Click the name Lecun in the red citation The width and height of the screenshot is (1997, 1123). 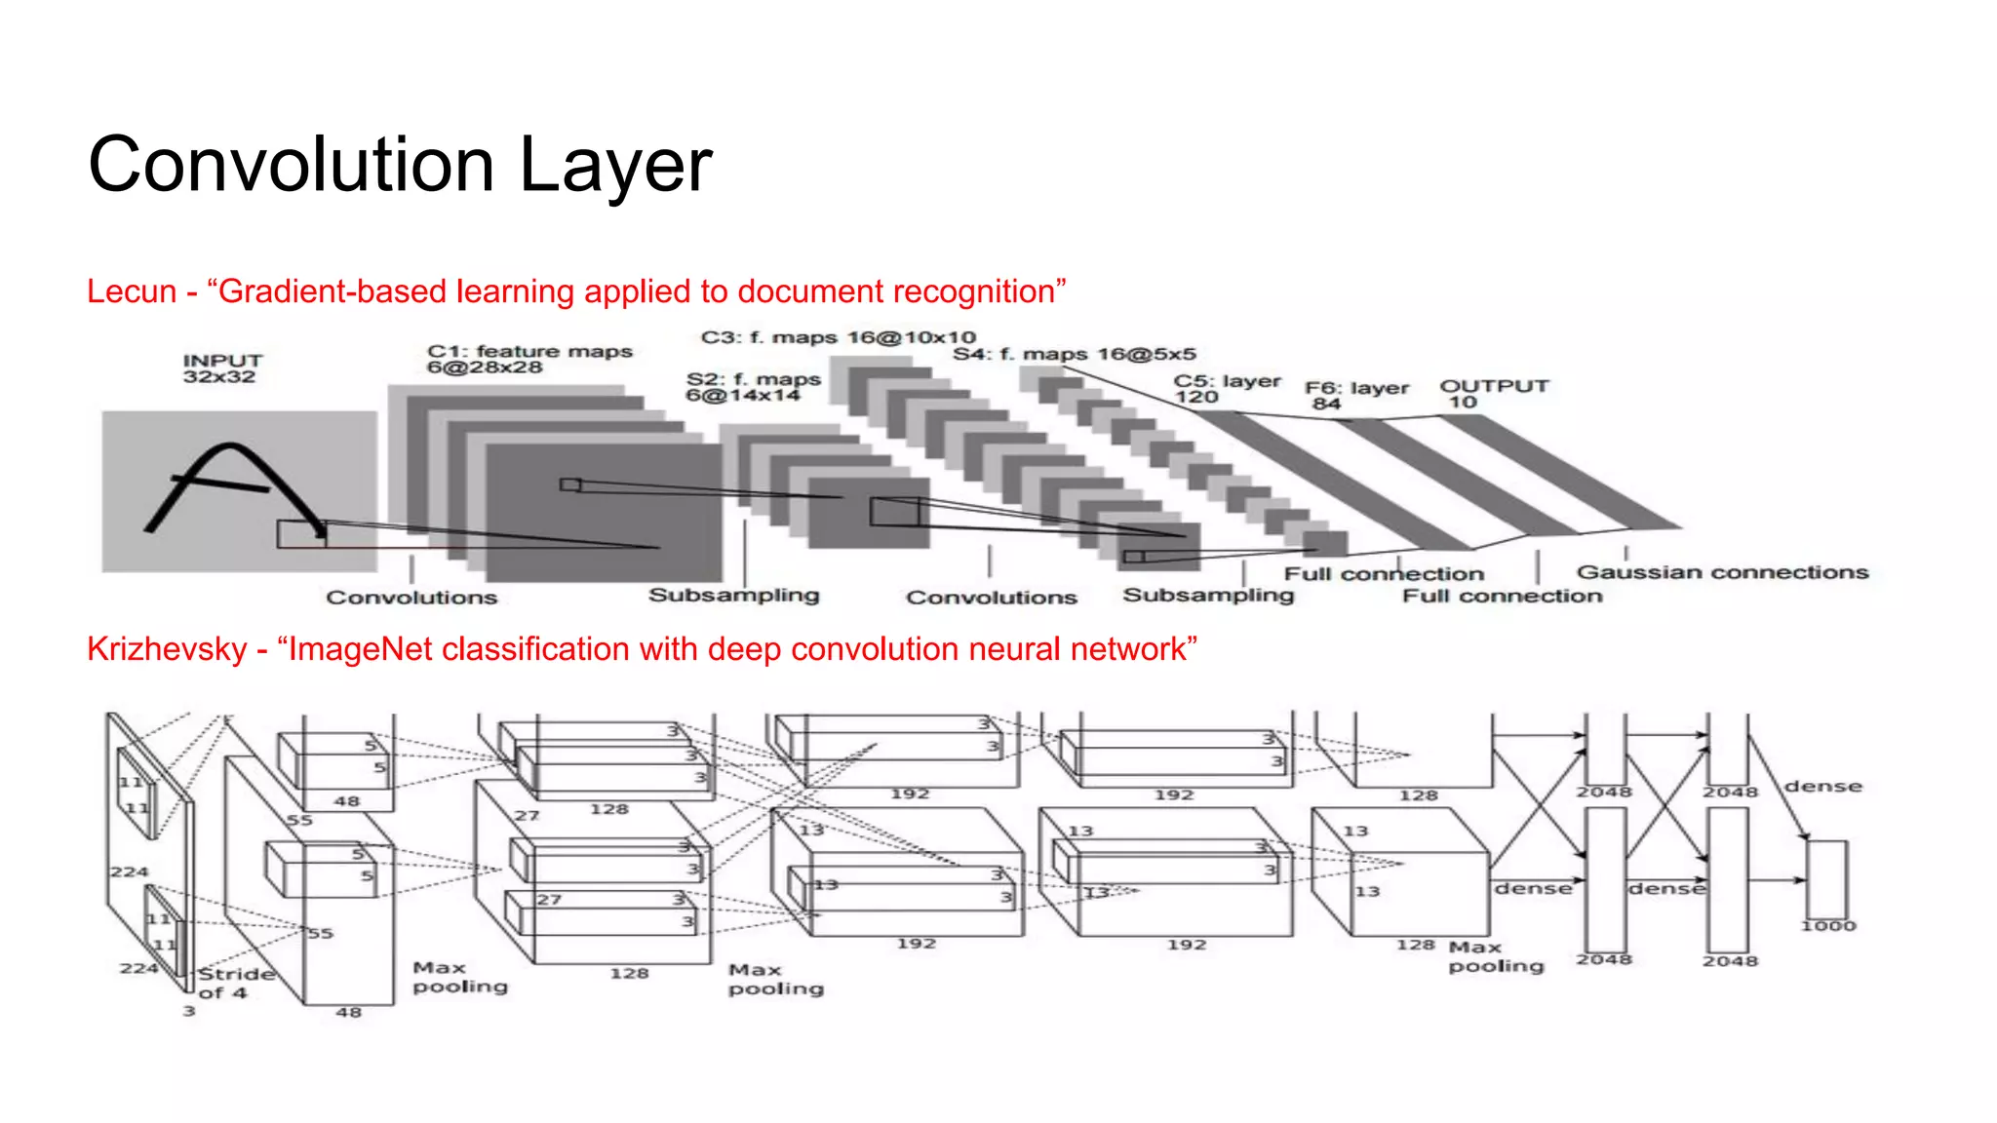(x=132, y=291)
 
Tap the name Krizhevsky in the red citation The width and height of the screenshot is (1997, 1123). (x=167, y=649)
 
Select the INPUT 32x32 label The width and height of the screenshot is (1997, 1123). (x=221, y=368)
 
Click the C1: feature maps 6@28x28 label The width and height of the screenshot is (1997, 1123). (x=529, y=359)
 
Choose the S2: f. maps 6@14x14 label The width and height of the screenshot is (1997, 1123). (x=752, y=387)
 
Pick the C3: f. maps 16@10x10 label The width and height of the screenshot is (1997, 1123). (x=838, y=337)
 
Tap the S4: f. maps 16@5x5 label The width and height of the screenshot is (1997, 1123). (x=1074, y=354)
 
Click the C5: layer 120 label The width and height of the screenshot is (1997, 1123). (x=1226, y=388)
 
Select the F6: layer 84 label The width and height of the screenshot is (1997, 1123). (x=1356, y=394)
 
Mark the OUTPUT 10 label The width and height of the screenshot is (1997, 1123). (x=1494, y=393)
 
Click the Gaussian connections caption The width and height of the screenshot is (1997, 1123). (x=1722, y=572)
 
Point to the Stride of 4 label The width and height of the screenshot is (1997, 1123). (x=234, y=983)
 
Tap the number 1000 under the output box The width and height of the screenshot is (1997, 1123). (x=1827, y=925)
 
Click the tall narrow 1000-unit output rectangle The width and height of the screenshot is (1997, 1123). (x=1826, y=877)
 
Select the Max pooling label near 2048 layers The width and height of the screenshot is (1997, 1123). (x=1495, y=956)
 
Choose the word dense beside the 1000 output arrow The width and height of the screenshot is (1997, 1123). (x=1822, y=786)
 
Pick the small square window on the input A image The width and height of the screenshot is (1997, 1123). (x=300, y=533)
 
